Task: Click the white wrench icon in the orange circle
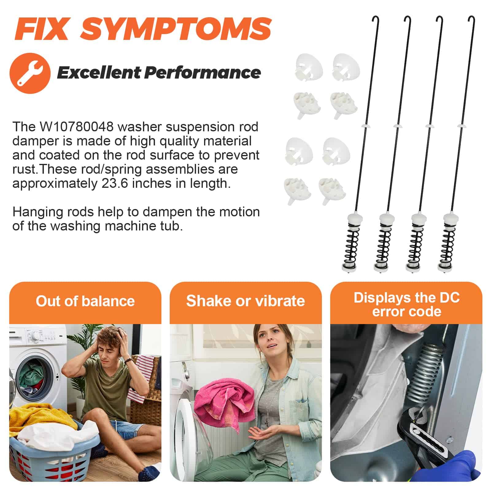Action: coord(30,73)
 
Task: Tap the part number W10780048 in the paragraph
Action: coord(76,127)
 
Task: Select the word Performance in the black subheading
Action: coord(203,73)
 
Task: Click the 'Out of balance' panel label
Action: coord(85,301)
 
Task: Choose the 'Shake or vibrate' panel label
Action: coord(245,301)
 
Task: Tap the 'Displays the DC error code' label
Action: coord(407,304)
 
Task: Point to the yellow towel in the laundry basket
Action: coord(43,417)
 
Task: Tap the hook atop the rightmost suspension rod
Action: coord(471,20)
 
